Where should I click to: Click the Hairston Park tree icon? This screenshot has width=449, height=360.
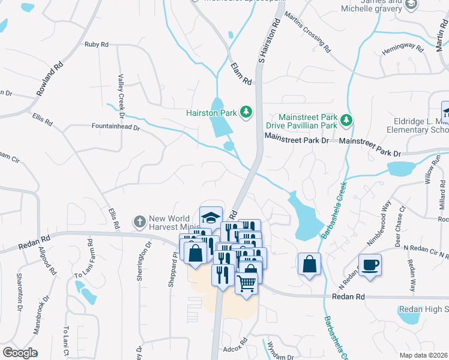click(246, 112)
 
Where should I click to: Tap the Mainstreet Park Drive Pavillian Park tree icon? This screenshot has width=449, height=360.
click(346, 121)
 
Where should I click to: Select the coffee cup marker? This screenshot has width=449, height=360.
click(370, 264)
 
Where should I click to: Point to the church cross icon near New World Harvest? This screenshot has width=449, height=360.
click(139, 222)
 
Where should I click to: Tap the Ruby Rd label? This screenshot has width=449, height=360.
click(96, 44)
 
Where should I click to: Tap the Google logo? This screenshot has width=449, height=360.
click(20, 353)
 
